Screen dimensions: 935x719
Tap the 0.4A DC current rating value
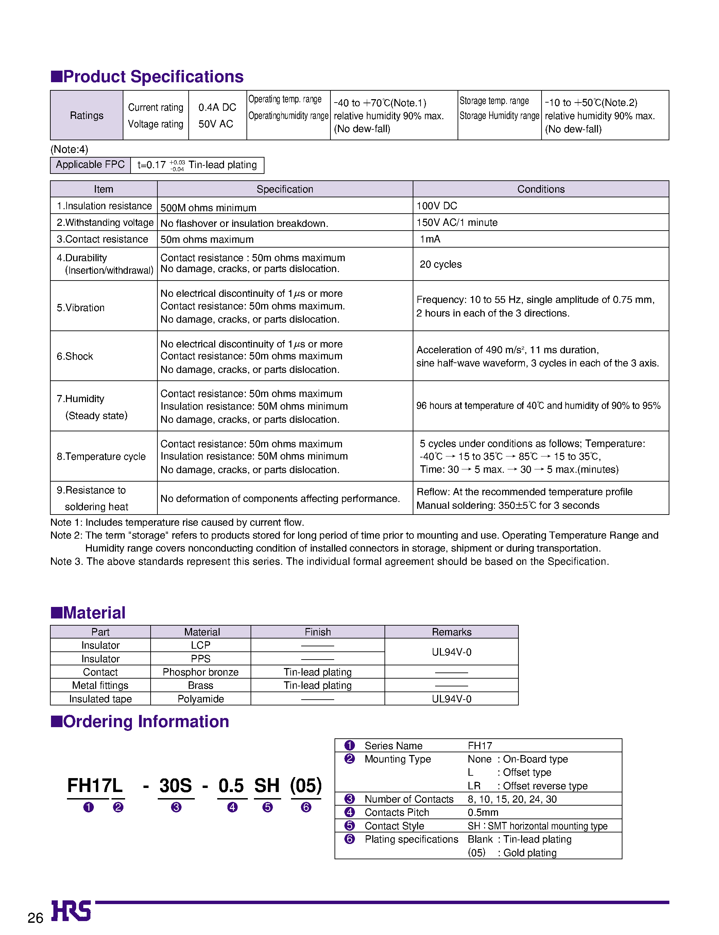pyautogui.click(x=217, y=107)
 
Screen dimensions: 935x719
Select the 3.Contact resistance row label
pyautogui.click(x=102, y=239)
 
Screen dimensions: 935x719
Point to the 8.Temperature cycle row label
pyautogui.click(x=101, y=456)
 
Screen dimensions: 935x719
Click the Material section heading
pyautogui.click(x=94, y=613)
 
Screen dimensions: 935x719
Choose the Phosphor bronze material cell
pyautogui.click(x=200, y=672)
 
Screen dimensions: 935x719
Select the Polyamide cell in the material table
pyautogui.click(x=200, y=699)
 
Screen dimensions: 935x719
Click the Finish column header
pyautogui.click(x=318, y=632)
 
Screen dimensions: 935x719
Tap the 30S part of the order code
pyautogui.click(x=175, y=786)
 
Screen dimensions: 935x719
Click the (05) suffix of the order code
pyautogui.click(x=306, y=786)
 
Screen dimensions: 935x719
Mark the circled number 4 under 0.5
pyautogui.click(x=233, y=807)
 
